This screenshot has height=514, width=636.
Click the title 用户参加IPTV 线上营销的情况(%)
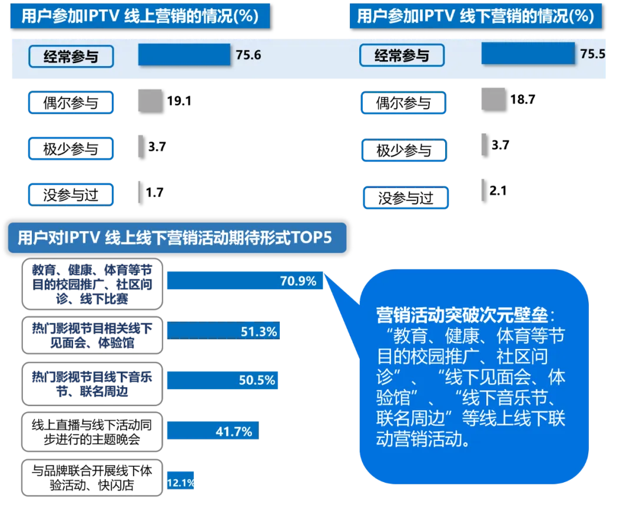point(140,16)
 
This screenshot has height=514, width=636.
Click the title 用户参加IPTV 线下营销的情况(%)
point(475,16)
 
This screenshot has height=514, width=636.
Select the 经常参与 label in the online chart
point(71,57)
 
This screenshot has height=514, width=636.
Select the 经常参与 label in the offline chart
point(402,56)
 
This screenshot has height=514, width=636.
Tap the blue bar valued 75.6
point(184,55)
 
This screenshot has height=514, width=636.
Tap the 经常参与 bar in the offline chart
point(528,54)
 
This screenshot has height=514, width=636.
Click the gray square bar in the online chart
point(149,100)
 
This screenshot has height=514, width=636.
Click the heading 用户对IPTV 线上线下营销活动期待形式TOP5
point(175,238)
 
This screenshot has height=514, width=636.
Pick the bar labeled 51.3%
point(224,331)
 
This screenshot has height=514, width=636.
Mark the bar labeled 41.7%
point(212,431)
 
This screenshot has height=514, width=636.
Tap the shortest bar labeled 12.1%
point(180,483)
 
